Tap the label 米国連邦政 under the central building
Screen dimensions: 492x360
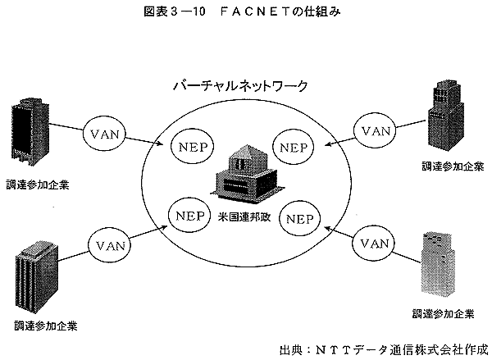[x=244, y=217]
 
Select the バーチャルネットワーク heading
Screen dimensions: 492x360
[x=240, y=85]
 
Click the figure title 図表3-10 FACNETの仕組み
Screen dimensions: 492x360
[x=242, y=11]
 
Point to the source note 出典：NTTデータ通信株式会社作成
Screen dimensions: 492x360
[x=384, y=350]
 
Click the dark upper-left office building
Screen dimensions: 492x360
[x=30, y=132]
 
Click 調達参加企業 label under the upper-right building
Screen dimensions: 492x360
[x=452, y=166]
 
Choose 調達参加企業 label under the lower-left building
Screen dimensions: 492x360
[x=46, y=326]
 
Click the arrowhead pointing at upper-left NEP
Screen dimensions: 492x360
[x=160, y=144]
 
